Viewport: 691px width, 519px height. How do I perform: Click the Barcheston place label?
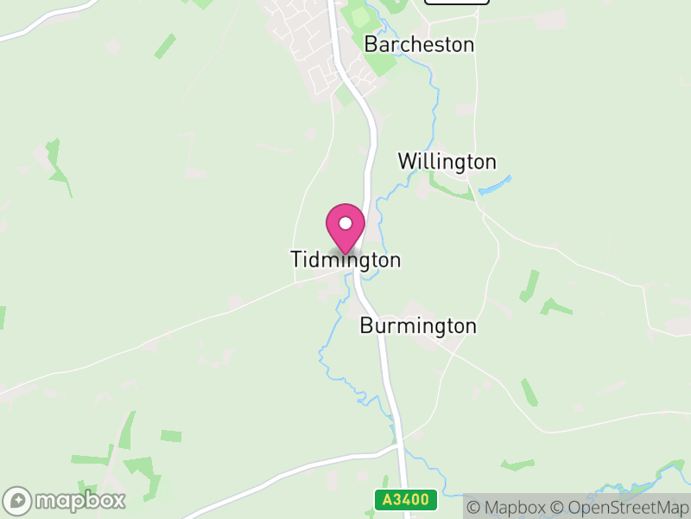click(x=419, y=44)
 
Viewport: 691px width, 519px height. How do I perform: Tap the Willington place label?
click(x=447, y=162)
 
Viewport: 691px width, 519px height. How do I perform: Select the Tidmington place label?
click(x=345, y=259)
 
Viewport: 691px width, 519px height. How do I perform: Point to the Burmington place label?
click(x=417, y=326)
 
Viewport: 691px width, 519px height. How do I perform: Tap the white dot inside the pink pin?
click(x=345, y=223)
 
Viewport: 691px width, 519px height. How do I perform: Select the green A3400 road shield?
click(x=406, y=501)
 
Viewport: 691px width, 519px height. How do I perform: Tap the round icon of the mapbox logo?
click(x=19, y=501)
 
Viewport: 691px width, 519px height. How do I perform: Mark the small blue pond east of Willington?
click(x=495, y=185)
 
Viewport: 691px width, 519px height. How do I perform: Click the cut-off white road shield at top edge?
click(x=457, y=2)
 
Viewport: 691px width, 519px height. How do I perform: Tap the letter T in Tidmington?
click(x=296, y=259)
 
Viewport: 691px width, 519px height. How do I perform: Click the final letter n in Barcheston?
click(x=468, y=45)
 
